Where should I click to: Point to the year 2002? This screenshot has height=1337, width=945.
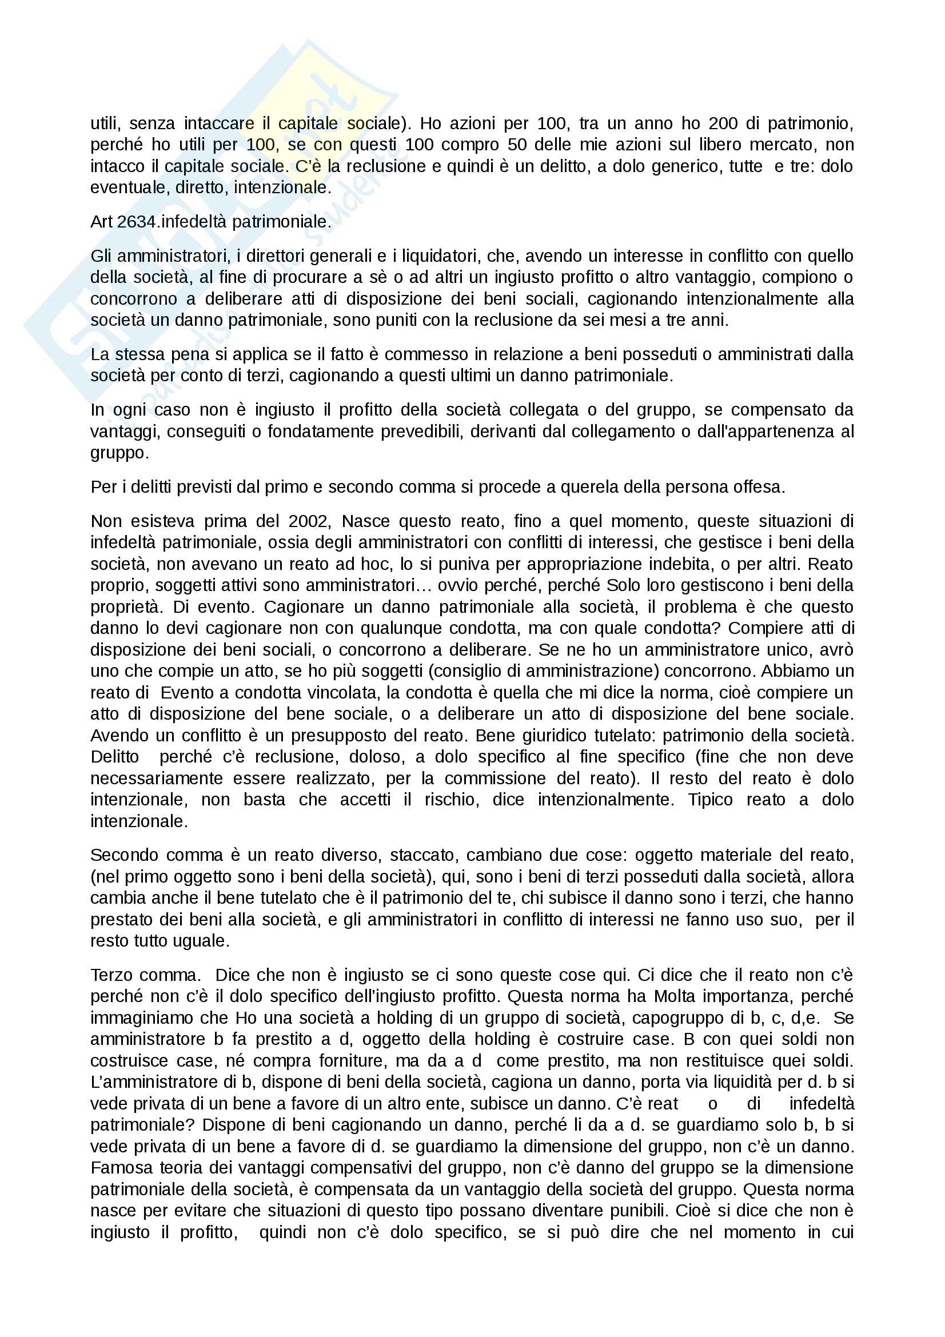[309, 521]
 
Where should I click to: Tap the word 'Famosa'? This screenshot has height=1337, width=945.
[120, 1168]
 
